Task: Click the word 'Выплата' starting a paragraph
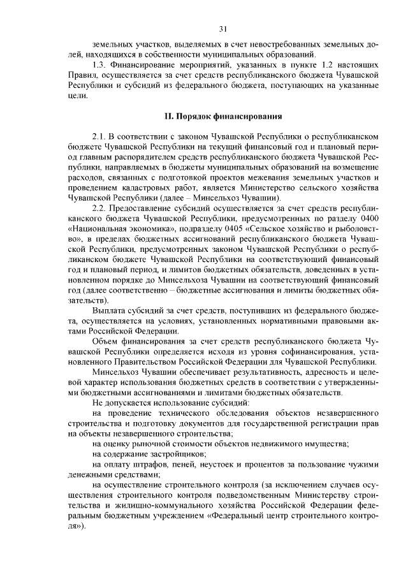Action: tap(106, 310)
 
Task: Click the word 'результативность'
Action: tap(242, 371)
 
